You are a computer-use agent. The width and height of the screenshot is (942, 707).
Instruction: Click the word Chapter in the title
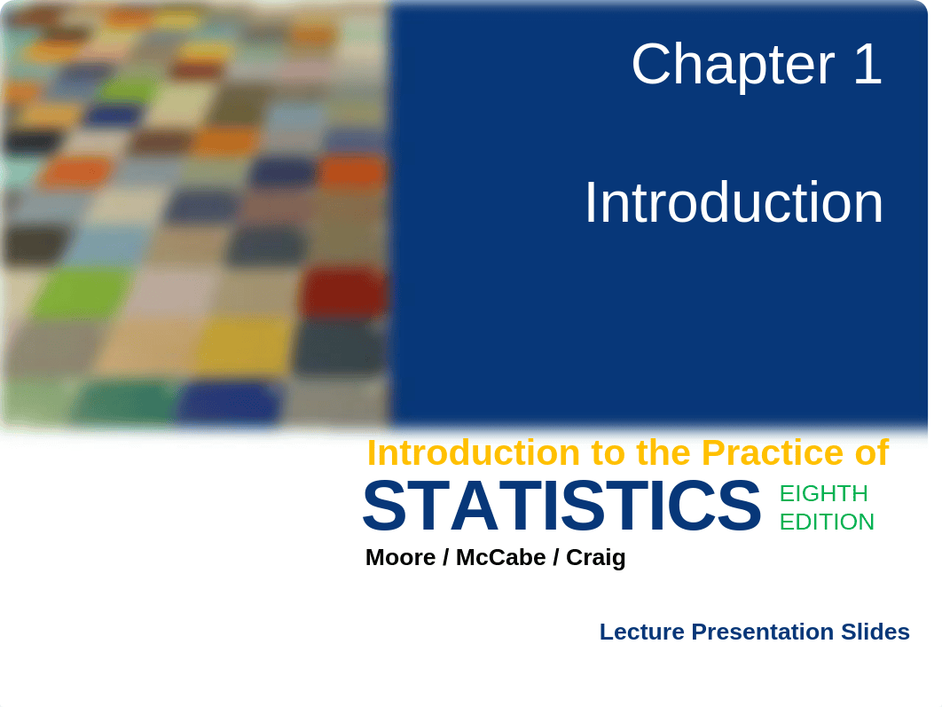point(733,65)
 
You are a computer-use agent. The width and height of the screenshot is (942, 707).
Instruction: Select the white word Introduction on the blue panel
point(734,202)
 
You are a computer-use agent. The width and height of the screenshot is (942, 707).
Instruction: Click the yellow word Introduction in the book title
point(474,452)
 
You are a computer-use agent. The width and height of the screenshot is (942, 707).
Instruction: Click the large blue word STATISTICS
point(562,506)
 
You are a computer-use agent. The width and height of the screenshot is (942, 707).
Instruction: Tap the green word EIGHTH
point(824,494)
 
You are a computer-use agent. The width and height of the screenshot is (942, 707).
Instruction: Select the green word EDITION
point(827,522)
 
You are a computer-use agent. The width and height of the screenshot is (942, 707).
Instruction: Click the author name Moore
point(400,557)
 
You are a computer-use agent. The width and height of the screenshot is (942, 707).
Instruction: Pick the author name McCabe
point(500,557)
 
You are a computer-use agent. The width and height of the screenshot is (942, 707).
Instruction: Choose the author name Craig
point(595,558)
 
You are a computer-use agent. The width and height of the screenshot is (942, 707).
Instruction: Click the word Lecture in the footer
point(641,632)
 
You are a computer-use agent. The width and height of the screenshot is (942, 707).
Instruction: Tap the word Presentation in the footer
point(762,632)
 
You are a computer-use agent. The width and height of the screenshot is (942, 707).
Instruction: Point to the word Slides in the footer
point(875,632)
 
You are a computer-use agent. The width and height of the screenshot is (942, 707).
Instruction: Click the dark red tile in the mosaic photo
point(343,293)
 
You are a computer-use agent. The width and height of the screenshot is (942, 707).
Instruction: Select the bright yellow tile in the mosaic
point(245,346)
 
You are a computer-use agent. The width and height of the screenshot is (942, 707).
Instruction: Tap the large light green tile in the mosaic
point(81,293)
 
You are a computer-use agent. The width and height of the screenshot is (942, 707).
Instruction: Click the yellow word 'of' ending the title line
point(872,452)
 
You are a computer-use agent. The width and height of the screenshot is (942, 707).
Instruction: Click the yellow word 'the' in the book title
point(663,452)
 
